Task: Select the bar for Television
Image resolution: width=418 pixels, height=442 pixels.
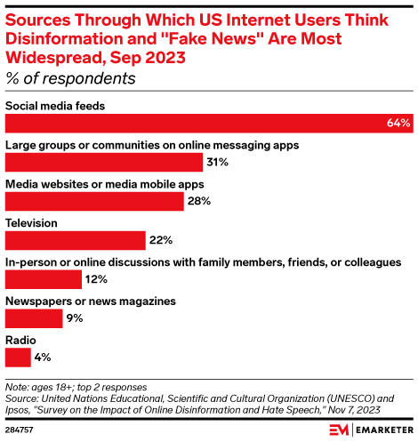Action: pyautogui.click(x=75, y=240)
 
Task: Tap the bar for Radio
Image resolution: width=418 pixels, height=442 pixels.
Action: pyautogui.click(x=18, y=357)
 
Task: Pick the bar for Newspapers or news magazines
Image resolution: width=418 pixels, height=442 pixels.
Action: pyautogui.click(x=34, y=317)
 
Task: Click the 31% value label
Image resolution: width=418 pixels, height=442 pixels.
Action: pyautogui.click(x=218, y=163)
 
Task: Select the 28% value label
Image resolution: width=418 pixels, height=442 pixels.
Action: pyautogui.click(x=198, y=201)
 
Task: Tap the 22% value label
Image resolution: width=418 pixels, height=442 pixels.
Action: pyautogui.click(x=160, y=240)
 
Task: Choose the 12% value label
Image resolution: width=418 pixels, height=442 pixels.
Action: pyautogui.click(x=96, y=279)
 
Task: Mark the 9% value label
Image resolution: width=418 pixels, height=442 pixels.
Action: pyautogui.click(x=75, y=317)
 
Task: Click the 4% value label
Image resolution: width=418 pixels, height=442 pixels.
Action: pyautogui.click(x=43, y=357)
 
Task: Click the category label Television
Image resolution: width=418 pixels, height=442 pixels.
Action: pyautogui.click(x=32, y=223)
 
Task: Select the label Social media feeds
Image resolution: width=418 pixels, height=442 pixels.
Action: pyautogui.click(x=55, y=106)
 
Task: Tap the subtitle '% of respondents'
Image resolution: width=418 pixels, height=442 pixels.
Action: pyautogui.click(x=70, y=77)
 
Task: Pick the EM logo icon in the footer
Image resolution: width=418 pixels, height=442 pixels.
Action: pyautogui.click(x=339, y=429)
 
